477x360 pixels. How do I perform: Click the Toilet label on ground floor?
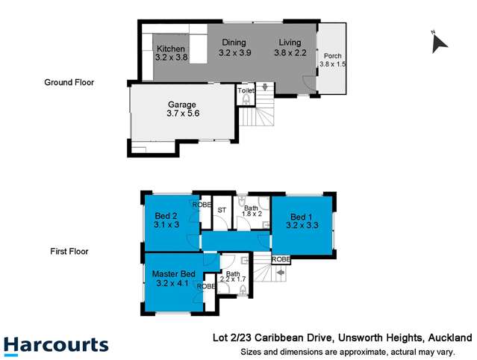[x=246, y=90]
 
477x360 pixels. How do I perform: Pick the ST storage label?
[x=222, y=211]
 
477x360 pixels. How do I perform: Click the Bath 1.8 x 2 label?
[x=252, y=211]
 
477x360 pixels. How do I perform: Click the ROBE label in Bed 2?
[x=202, y=205]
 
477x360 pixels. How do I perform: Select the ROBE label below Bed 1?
[x=281, y=259]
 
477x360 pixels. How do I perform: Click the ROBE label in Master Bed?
[x=206, y=286]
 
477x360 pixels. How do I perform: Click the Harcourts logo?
[x=56, y=346]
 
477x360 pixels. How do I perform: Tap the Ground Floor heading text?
[x=69, y=83]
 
